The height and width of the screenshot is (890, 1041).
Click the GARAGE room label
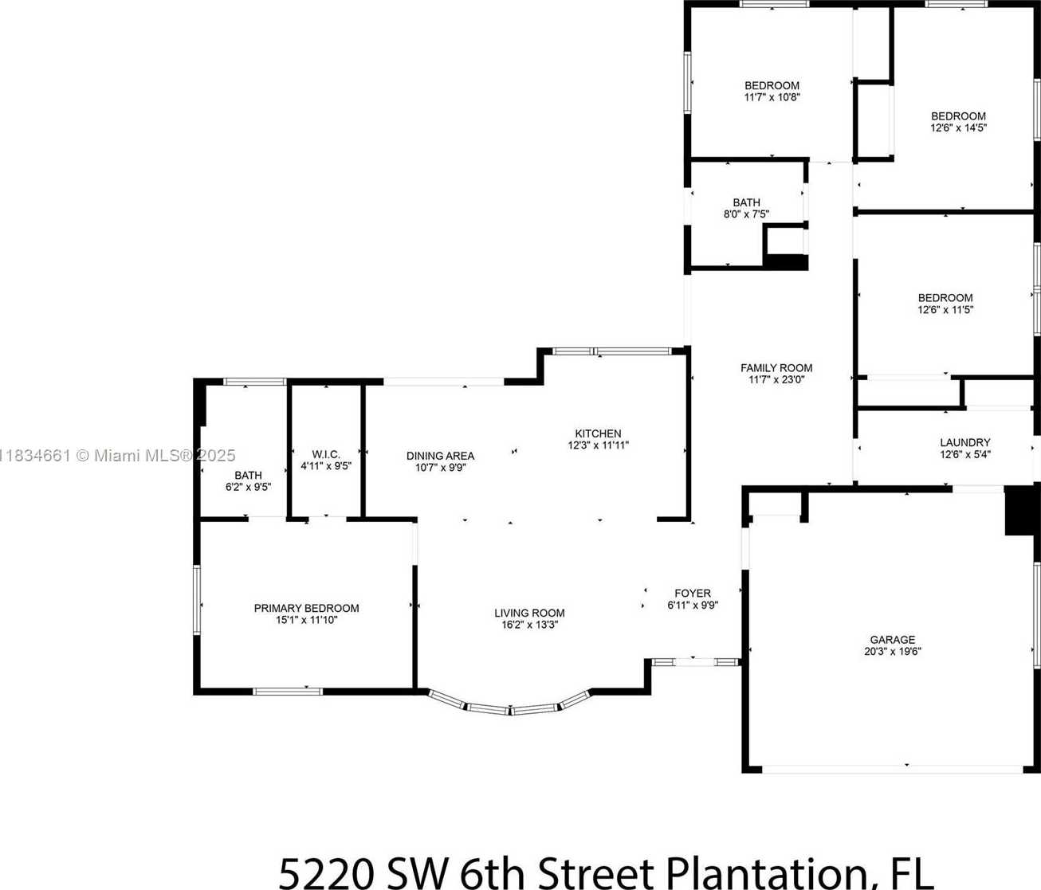(893, 639)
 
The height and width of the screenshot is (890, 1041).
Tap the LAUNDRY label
(965, 442)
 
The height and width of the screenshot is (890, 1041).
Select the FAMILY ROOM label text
(776, 368)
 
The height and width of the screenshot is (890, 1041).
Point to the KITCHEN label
(599, 433)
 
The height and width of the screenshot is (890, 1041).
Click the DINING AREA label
(440, 456)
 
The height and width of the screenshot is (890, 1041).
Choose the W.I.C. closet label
(326, 455)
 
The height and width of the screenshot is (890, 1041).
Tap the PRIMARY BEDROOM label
(306, 608)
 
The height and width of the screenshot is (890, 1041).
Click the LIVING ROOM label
(529, 613)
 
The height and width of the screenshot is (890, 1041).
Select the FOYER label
(693, 594)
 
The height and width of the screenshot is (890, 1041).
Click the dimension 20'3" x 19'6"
(893, 651)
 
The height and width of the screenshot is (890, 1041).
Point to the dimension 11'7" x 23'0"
(776, 379)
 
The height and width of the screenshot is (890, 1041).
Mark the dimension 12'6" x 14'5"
(958, 127)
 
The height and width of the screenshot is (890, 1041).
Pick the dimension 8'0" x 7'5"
(746, 214)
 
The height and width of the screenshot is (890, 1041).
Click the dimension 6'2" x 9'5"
(248, 487)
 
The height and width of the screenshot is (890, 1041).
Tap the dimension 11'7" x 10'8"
(772, 97)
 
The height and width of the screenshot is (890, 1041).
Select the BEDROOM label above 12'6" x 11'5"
(945, 298)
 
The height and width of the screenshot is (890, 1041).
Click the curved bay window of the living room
(509, 708)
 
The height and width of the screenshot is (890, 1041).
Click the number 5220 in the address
(326, 873)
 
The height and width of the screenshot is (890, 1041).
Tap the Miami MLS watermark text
(117, 456)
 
